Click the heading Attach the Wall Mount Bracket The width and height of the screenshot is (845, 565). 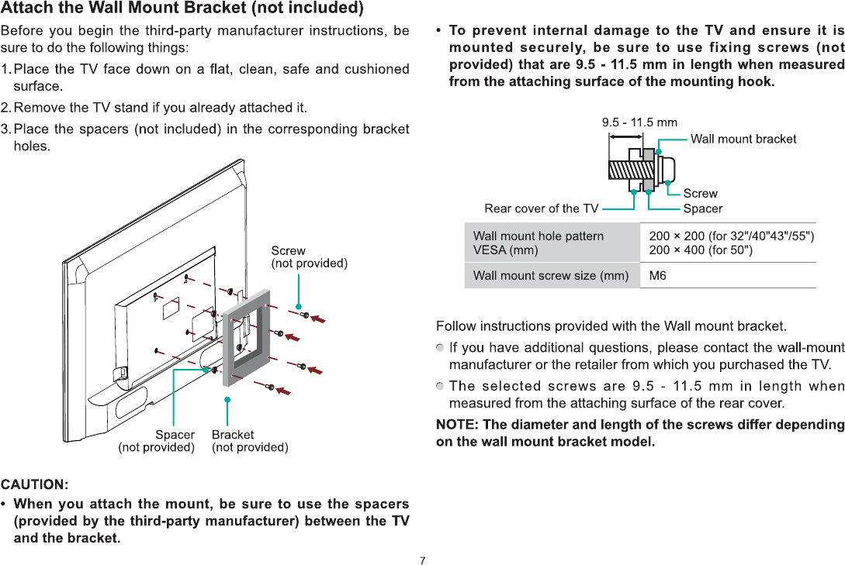[182, 9]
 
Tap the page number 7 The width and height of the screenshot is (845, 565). [423, 560]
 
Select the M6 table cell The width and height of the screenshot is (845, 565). [657, 275]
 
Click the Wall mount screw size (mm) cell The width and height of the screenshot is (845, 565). [551, 275]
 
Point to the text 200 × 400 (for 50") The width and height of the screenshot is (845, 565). [700, 250]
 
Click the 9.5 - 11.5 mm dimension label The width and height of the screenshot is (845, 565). [639, 122]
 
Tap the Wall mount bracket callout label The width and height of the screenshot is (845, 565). [743, 139]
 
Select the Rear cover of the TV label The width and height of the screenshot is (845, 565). [542, 208]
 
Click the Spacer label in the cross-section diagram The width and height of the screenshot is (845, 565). [702, 208]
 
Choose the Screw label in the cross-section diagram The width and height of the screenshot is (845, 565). [700, 194]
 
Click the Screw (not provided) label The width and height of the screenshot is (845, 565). [309, 257]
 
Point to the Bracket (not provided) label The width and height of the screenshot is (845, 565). [250, 441]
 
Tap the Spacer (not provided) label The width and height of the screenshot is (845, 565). [156, 441]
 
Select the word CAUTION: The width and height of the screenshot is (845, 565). [35, 485]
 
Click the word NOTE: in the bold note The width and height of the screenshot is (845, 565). [457, 425]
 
